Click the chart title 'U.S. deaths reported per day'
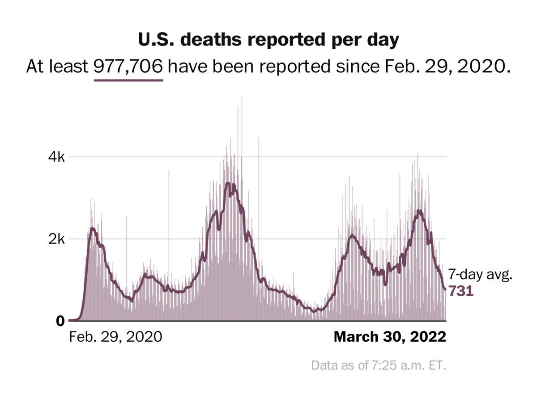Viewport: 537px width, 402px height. click(268, 40)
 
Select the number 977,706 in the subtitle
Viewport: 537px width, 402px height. click(128, 67)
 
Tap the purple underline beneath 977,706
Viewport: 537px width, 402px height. click(128, 80)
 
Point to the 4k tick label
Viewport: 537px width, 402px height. click(57, 157)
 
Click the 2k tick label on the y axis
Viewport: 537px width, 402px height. click(57, 239)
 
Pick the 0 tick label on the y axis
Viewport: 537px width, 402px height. click(60, 321)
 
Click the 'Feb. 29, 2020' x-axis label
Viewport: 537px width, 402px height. click(115, 336)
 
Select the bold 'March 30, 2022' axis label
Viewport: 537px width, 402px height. click(390, 336)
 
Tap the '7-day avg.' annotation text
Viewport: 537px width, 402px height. click(480, 275)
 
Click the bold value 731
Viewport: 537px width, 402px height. click(461, 291)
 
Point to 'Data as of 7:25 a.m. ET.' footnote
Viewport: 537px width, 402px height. click(379, 365)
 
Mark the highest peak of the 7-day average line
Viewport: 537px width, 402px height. click(228, 183)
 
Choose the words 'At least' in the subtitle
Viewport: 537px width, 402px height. click(57, 67)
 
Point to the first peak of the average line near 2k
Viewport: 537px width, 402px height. click(92, 229)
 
